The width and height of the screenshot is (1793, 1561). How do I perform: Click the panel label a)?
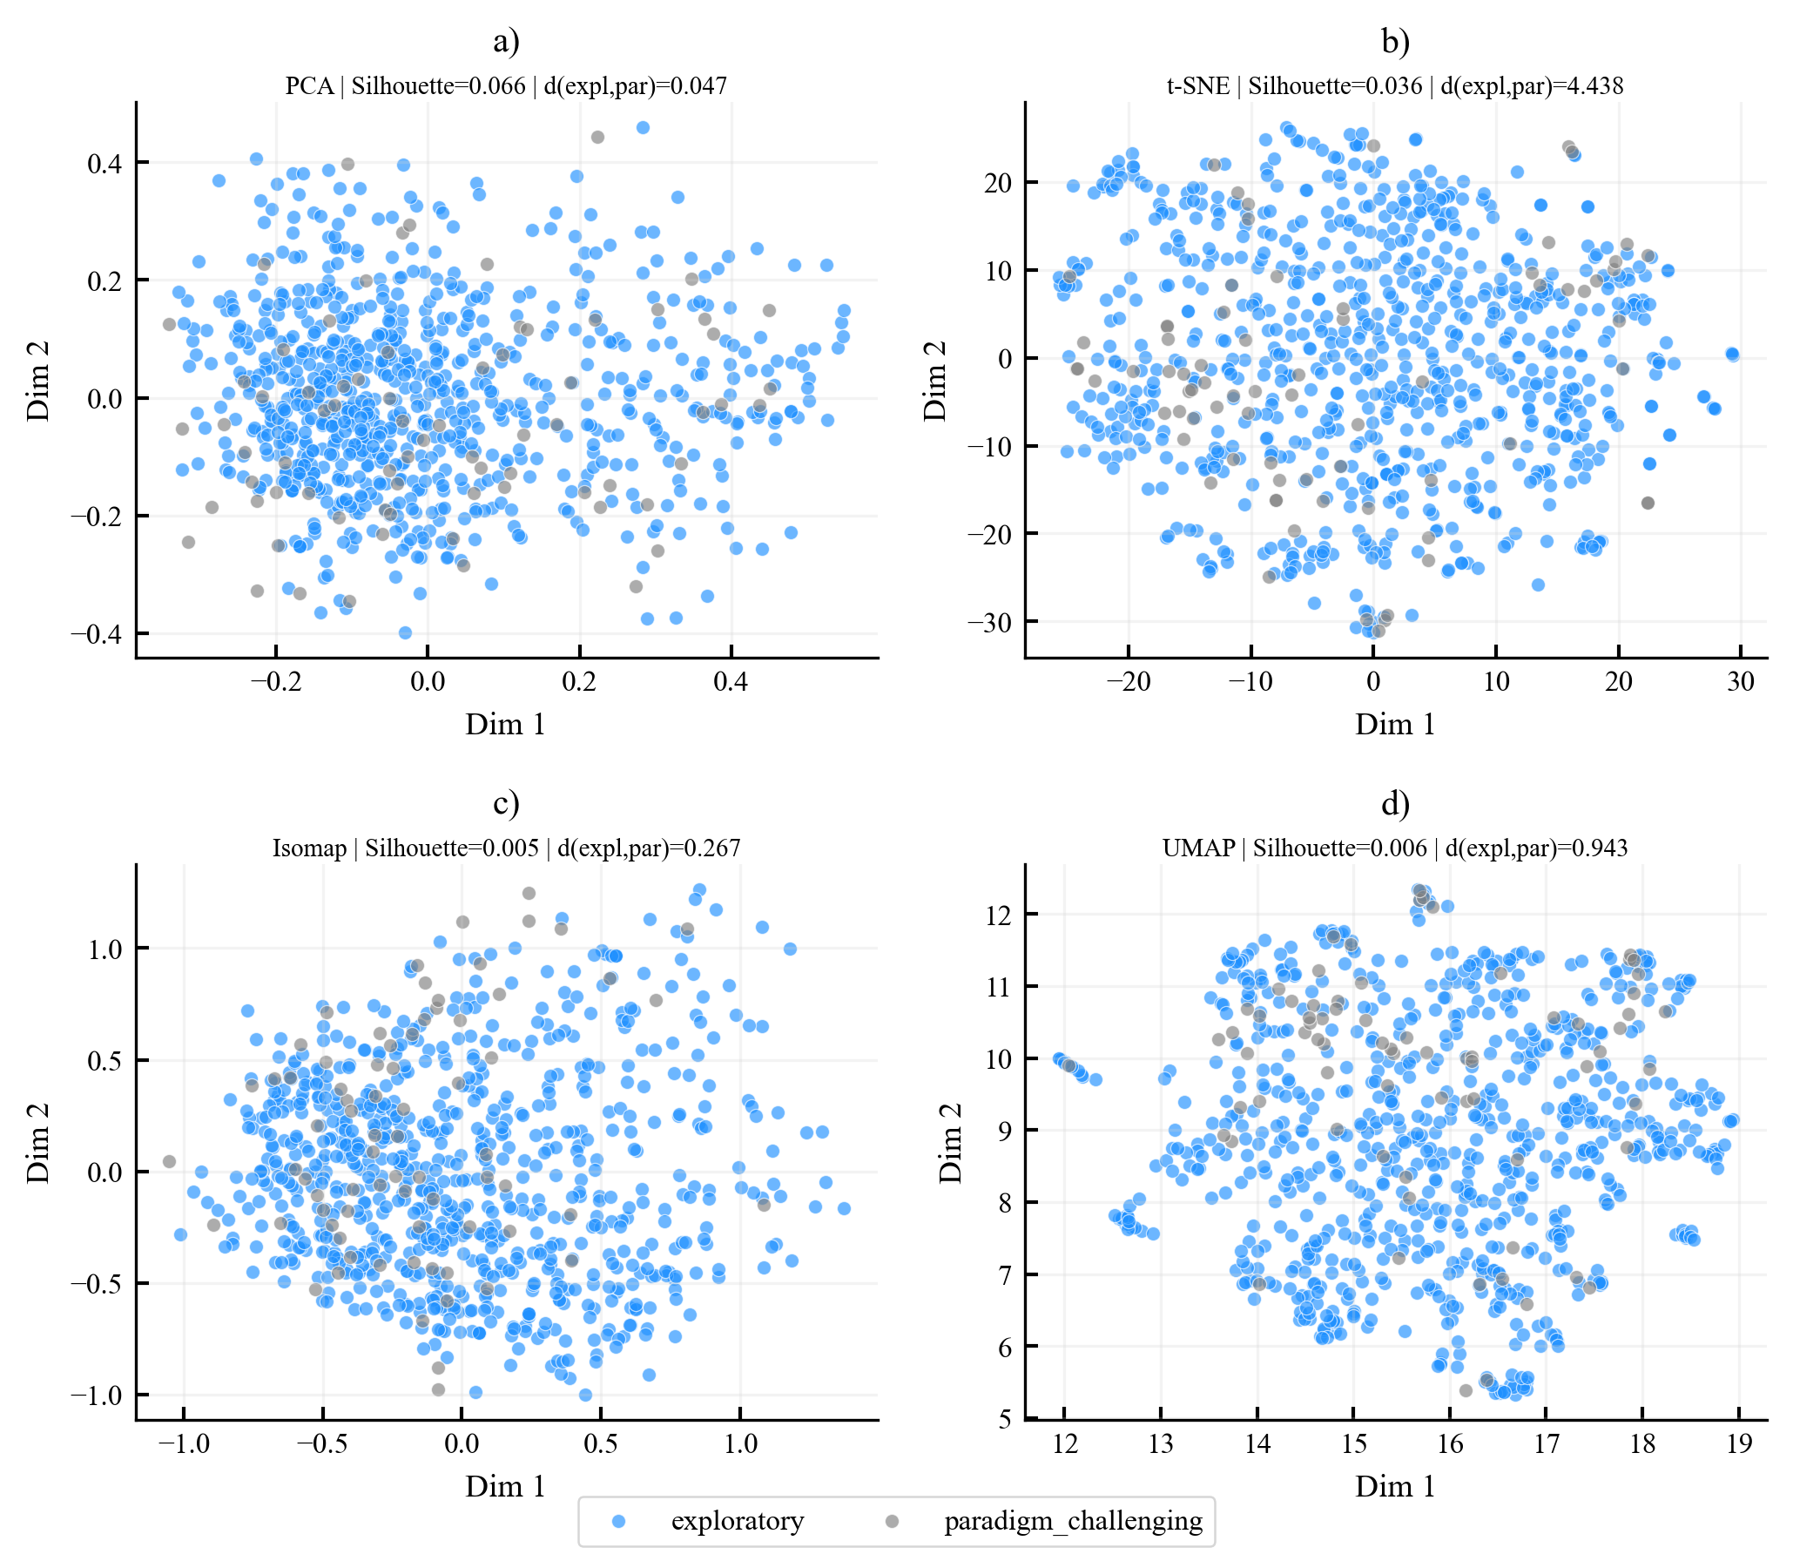[506, 41]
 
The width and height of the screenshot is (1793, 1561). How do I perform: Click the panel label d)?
[1395, 803]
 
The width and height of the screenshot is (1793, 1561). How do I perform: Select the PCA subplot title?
[506, 85]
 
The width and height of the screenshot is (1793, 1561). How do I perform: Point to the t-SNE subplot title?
[1395, 85]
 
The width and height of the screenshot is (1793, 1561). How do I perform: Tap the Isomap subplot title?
[506, 848]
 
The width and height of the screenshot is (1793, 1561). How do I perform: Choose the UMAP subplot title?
[1395, 848]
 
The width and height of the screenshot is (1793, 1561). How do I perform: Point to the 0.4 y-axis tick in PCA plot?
[105, 163]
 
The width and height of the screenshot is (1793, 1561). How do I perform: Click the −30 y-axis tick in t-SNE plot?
[989, 622]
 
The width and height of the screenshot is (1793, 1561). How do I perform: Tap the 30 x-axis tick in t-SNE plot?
[1741, 681]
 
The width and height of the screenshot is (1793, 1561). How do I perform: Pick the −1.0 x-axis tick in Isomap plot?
[183, 1443]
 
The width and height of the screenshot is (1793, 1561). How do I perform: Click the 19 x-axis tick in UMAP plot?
[1739, 1443]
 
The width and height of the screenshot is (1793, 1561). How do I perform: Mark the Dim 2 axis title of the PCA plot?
[38, 381]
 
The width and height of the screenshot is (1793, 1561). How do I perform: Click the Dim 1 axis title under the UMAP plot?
[1395, 1486]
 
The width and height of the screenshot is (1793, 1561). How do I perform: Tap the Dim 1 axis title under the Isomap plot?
[506, 1486]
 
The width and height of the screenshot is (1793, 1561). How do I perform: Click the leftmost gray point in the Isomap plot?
[169, 1161]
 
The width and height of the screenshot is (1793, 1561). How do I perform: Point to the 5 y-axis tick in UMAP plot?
[1006, 1420]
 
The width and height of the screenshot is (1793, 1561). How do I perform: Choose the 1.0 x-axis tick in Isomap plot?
[740, 1443]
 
